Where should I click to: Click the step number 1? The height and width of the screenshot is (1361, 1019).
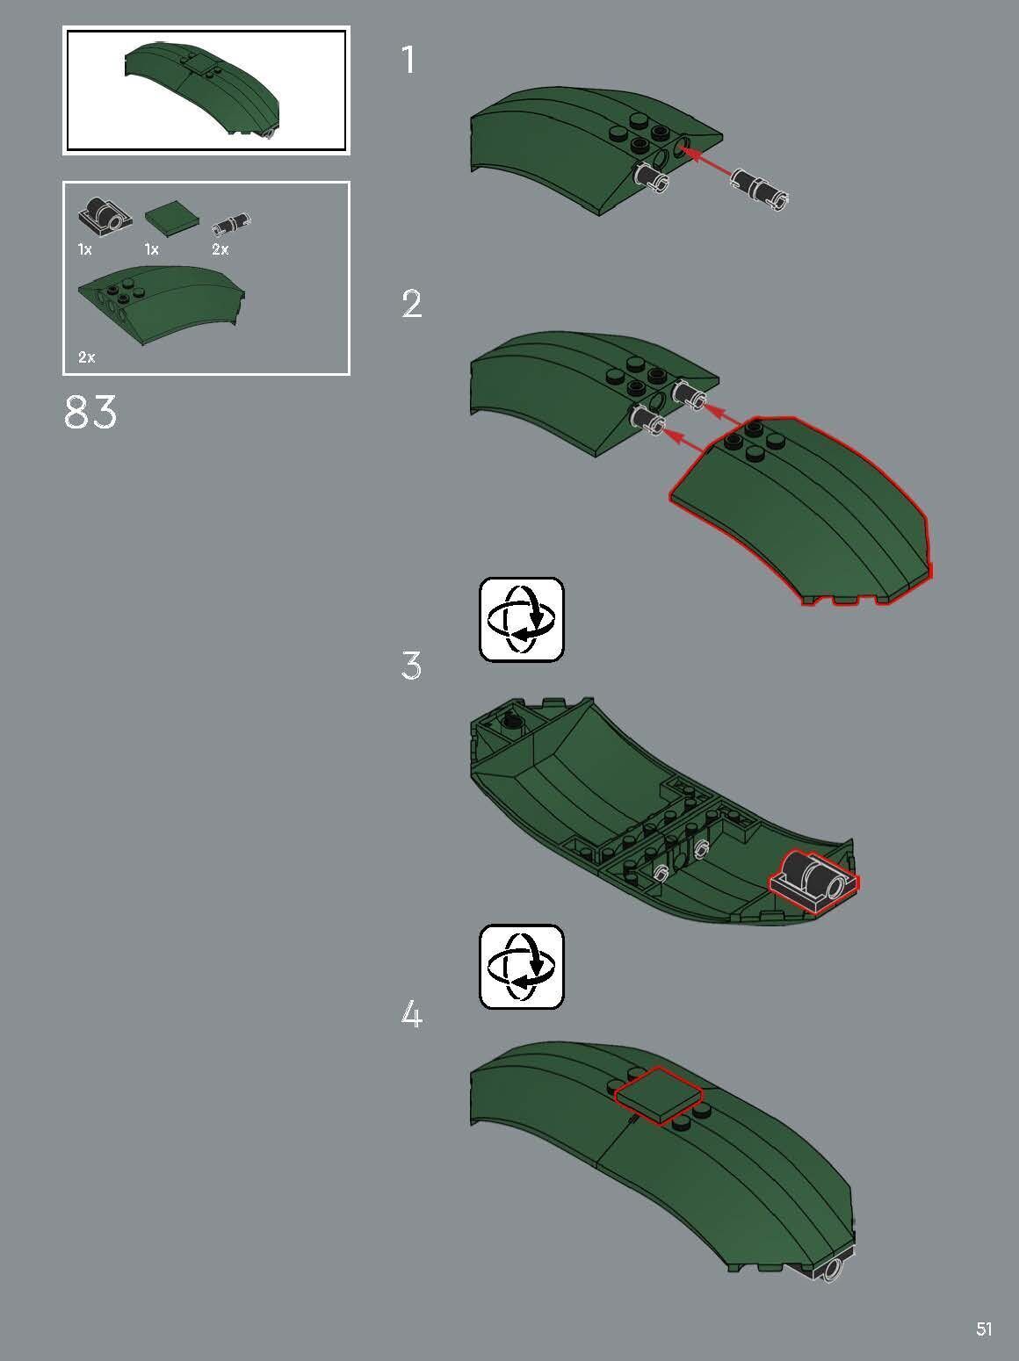click(x=408, y=60)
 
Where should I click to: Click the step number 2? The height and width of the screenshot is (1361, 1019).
click(x=411, y=304)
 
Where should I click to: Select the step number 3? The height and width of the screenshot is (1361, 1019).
click(x=411, y=666)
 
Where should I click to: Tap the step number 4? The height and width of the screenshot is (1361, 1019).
click(x=411, y=1015)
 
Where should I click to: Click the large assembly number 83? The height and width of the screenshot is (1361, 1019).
click(x=90, y=413)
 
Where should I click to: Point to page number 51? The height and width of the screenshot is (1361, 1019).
click(x=984, y=1329)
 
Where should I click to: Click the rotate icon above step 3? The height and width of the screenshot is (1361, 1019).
click(x=522, y=619)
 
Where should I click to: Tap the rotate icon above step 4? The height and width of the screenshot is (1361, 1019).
click(x=522, y=967)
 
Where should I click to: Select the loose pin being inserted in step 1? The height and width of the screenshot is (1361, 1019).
click(x=759, y=188)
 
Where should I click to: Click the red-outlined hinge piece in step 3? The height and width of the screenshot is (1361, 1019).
click(x=813, y=881)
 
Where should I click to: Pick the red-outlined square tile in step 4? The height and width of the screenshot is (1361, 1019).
click(x=660, y=1096)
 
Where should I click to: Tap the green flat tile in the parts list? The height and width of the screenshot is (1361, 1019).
click(x=172, y=219)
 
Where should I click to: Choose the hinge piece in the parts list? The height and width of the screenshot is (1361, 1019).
click(x=105, y=216)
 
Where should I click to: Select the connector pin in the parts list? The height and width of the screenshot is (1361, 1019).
click(x=231, y=224)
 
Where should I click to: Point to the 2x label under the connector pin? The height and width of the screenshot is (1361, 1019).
click(x=220, y=249)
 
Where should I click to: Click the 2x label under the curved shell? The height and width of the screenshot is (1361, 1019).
click(x=87, y=357)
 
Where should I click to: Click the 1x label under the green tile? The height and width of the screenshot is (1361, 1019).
click(x=151, y=249)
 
